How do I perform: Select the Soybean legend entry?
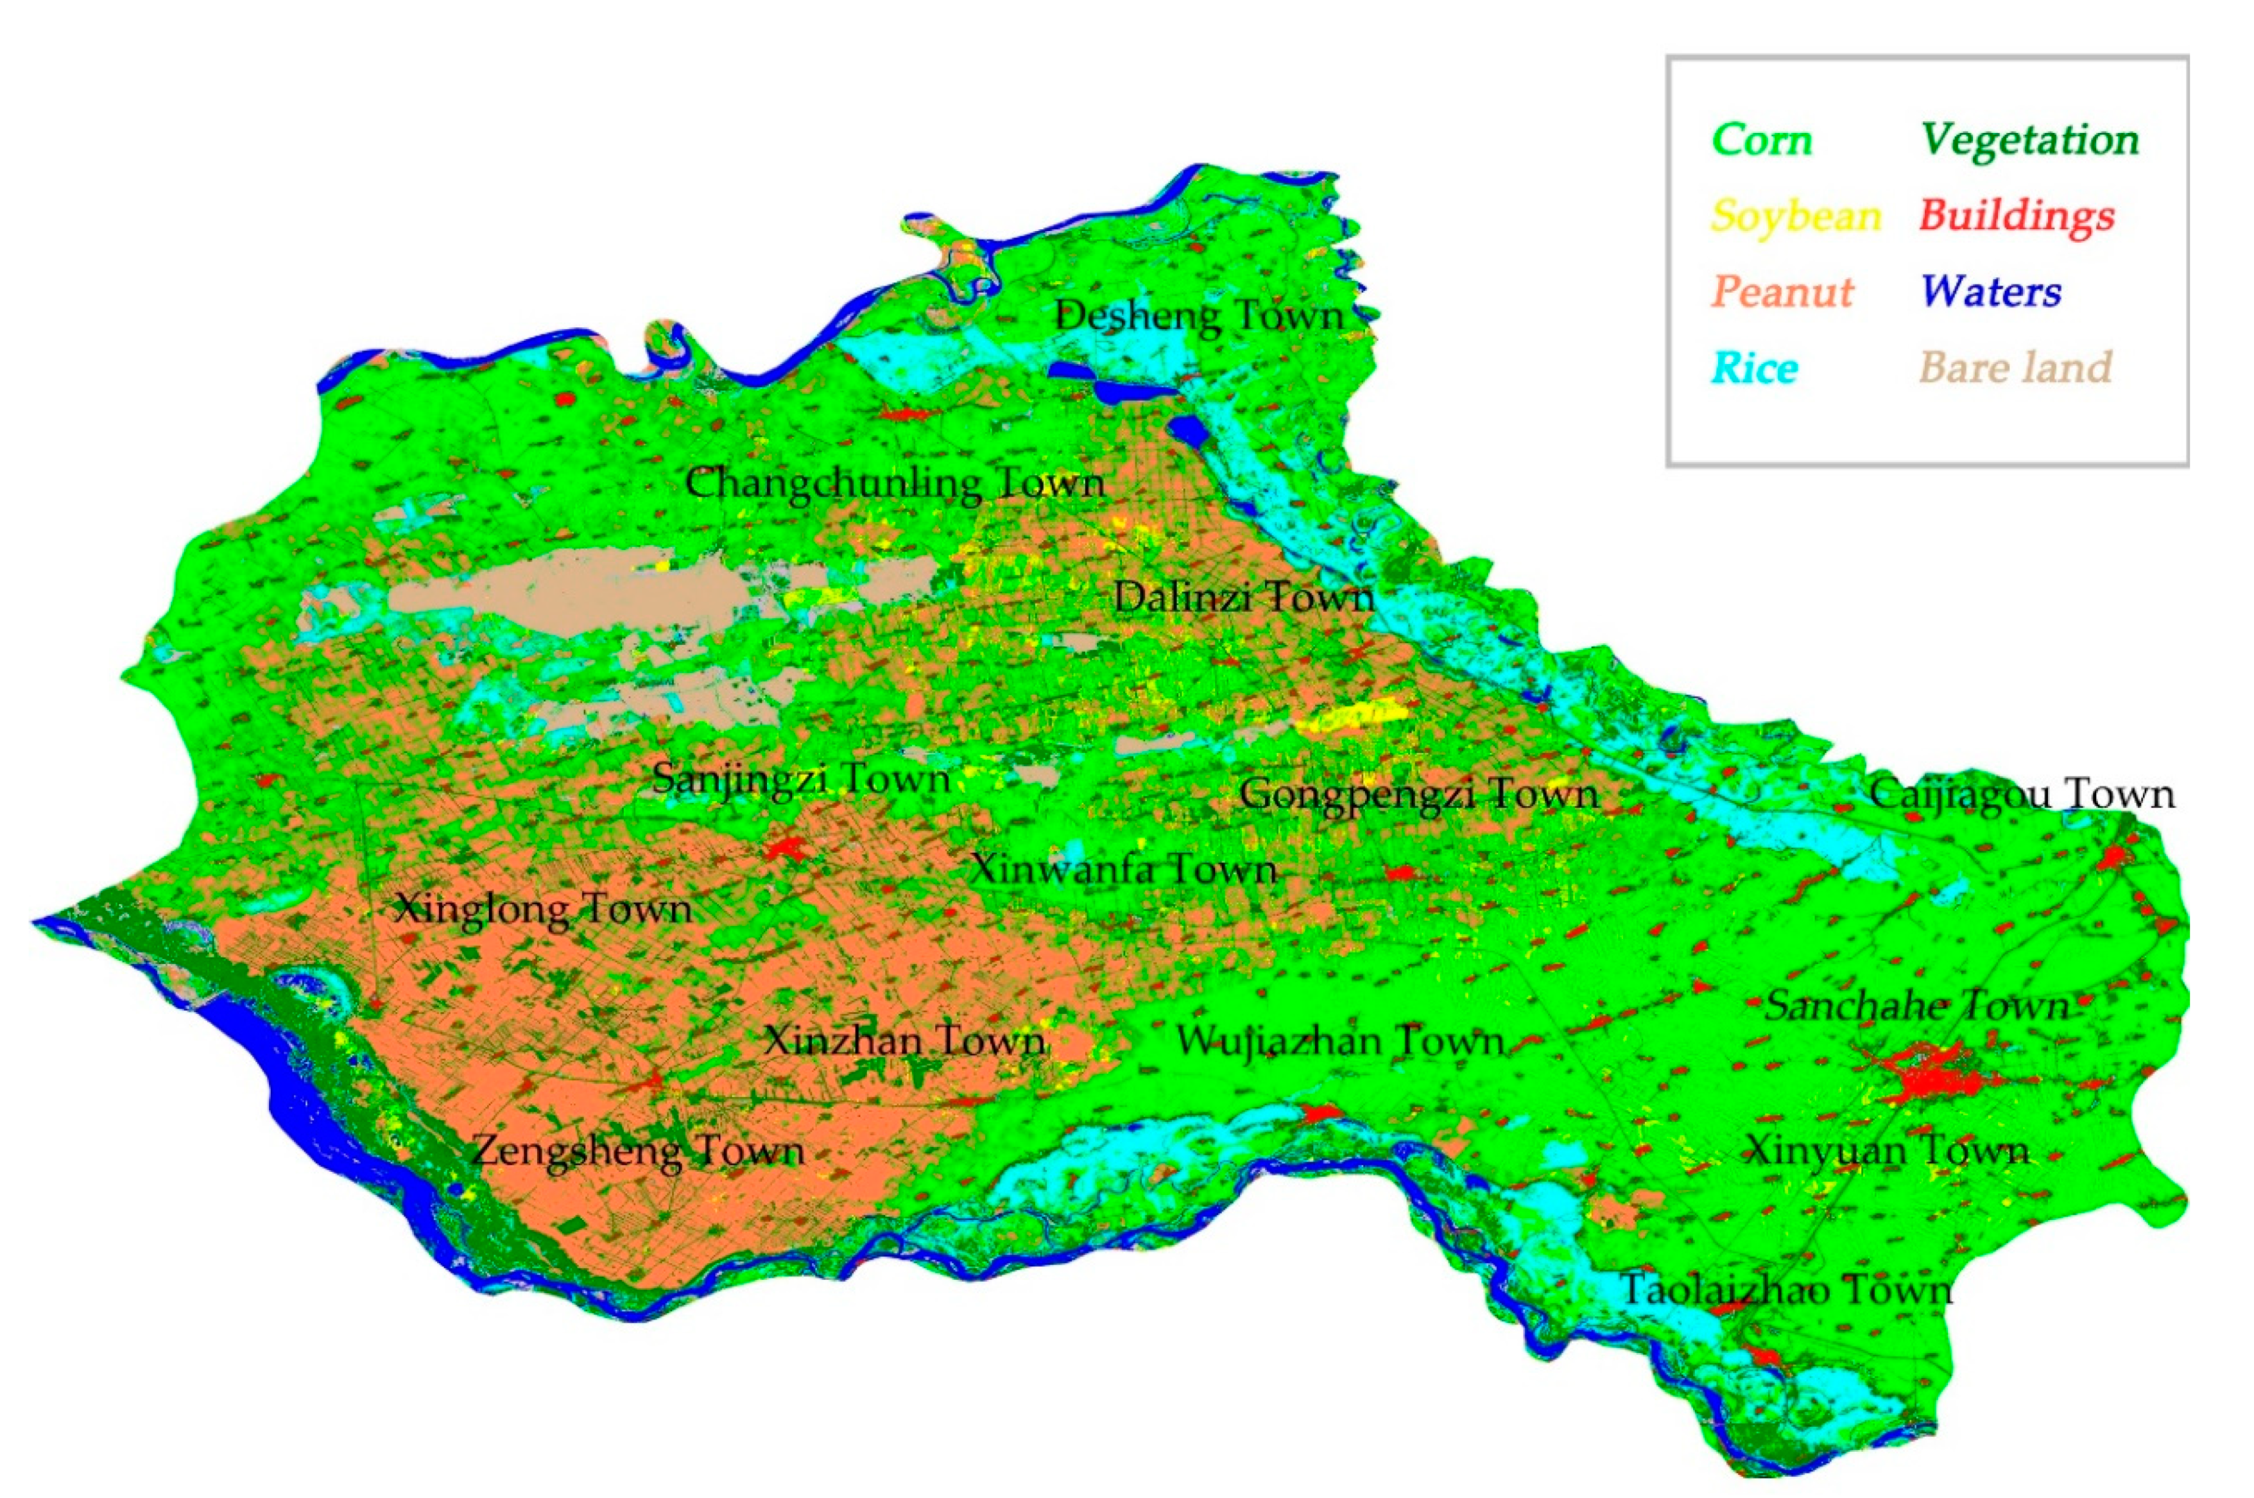pos(1794,216)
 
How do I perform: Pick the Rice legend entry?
pos(1755,368)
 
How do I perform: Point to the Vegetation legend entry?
pos(2029,141)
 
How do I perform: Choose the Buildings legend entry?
pos(2016,216)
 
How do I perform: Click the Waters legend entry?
pos(1990,291)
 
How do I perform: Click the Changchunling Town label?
pos(895,483)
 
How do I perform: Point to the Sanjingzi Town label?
pos(800,779)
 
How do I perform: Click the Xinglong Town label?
pos(542,908)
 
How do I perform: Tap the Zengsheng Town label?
pos(638,1150)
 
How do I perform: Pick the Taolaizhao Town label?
pos(1786,1291)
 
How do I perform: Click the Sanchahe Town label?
pos(1916,1006)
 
